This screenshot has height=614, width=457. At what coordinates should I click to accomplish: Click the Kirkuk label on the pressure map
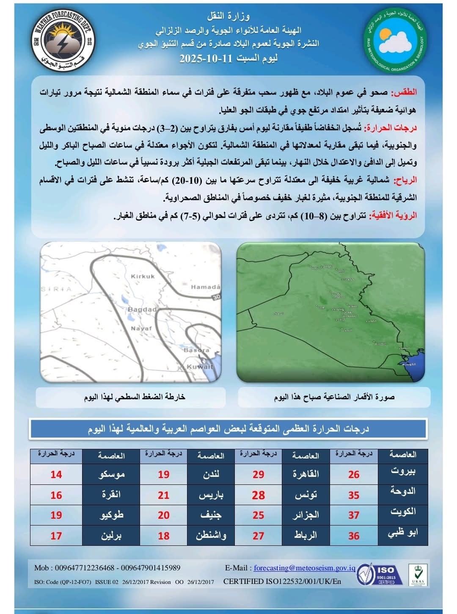[x=143, y=277]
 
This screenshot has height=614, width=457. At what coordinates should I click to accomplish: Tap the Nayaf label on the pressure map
[x=141, y=328]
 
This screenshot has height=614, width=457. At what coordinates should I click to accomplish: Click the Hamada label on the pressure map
[x=206, y=287]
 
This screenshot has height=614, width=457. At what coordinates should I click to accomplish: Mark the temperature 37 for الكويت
[x=354, y=515]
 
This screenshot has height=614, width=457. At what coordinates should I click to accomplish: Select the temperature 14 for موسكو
[x=56, y=474]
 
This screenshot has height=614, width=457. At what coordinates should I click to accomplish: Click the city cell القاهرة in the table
[x=306, y=474]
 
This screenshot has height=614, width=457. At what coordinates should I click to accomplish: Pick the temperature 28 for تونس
[x=258, y=495]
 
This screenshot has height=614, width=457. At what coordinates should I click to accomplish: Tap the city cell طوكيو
[x=111, y=515]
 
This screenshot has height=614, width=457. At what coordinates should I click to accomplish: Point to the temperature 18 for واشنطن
[x=164, y=536]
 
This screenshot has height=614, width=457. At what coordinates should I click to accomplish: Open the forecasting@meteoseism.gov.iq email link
[x=304, y=568]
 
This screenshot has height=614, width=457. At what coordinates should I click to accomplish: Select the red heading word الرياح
[x=405, y=180]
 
